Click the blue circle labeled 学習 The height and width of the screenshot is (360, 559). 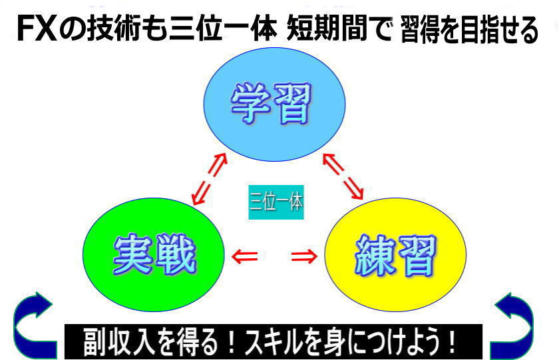pyautogui.click(x=274, y=104)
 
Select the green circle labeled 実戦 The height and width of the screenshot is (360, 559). pyautogui.click(x=154, y=254)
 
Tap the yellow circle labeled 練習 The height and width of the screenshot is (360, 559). pyautogui.click(x=395, y=254)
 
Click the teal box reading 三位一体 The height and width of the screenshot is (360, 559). pyautogui.click(x=276, y=202)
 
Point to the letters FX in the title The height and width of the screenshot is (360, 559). pyautogui.click(x=37, y=29)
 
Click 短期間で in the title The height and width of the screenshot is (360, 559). pyautogui.click(x=339, y=29)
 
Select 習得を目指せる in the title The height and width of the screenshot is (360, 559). pyautogui.click(x=469, y=30)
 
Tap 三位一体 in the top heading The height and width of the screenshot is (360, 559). pyautogui.click(x=223, y=29)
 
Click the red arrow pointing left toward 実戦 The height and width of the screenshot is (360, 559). pyautogui.click(x=245, y=256)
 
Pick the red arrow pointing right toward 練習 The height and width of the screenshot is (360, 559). pyautogui.click(x=304, y=256)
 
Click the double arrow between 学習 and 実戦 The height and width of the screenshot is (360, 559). pyautogui.click(x=209, y=179)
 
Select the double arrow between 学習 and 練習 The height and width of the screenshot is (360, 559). pyautogui.click(x=343, y=176)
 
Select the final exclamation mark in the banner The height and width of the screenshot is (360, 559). pyautogui.click(x=452, y=342)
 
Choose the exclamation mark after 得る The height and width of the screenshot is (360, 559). pyautogui.click(x=232, y=342)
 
